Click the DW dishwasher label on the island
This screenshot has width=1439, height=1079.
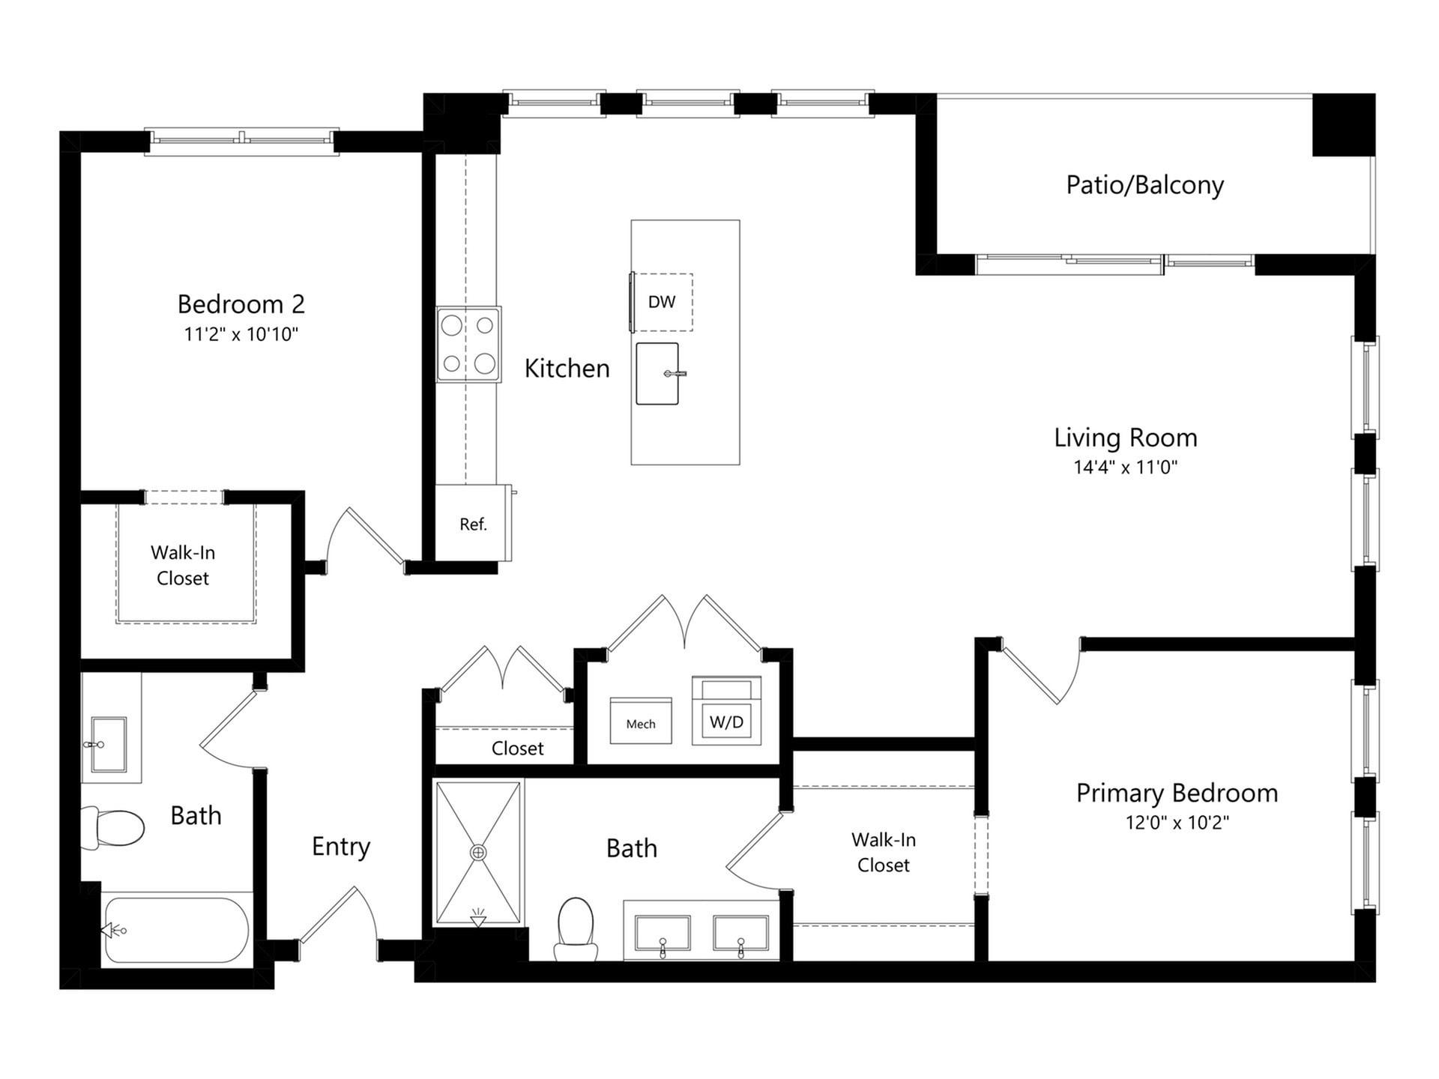click(x=661, y=302)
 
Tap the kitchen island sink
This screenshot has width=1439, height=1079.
click(x=657, y=373)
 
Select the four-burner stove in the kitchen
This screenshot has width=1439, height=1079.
click(x=468, y=344)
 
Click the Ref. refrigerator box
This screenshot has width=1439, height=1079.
click(x=473, y=524)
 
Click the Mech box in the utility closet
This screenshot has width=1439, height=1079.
click(x=640, y=722)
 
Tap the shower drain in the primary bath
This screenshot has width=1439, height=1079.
click(x=477, y=853)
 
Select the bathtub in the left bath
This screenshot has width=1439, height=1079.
click(x=177, y=930)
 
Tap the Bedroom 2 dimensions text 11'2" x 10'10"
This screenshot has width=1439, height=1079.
click(x=241, y=334)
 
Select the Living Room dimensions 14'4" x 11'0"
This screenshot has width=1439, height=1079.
click(x=1125, y=468)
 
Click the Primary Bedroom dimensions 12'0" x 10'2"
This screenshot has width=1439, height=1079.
click(x=1177, y=823)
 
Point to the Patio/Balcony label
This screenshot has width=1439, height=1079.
click(x=1144, y=185)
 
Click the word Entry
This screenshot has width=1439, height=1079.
click(x=340, y=847)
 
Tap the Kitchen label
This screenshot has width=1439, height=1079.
click(x=567, y=369)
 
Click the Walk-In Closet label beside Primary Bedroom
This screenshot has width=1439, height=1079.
click(x=883, y=852)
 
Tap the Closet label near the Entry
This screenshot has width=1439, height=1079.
click(x=517, y=748)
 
